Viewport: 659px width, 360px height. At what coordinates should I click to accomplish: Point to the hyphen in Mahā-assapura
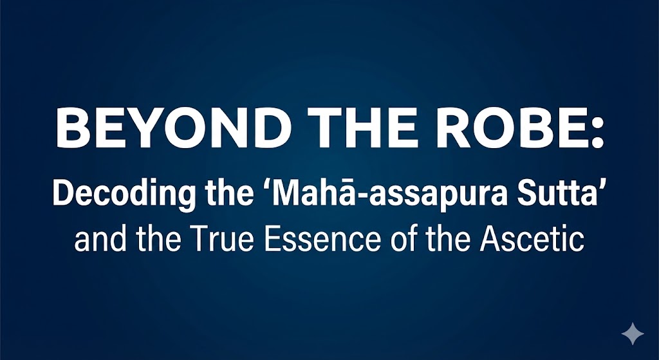pyautogui.click(x=357, y=197)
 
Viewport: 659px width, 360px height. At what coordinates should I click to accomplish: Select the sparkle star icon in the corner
pyautogui.click(x=633, y=334)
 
